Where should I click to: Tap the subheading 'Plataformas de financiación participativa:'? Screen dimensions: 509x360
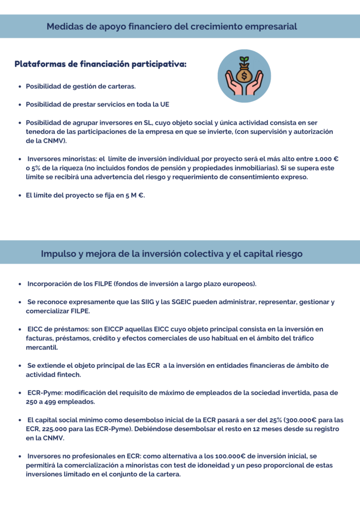[100, 64]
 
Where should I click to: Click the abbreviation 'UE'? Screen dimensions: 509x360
[165, 104]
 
